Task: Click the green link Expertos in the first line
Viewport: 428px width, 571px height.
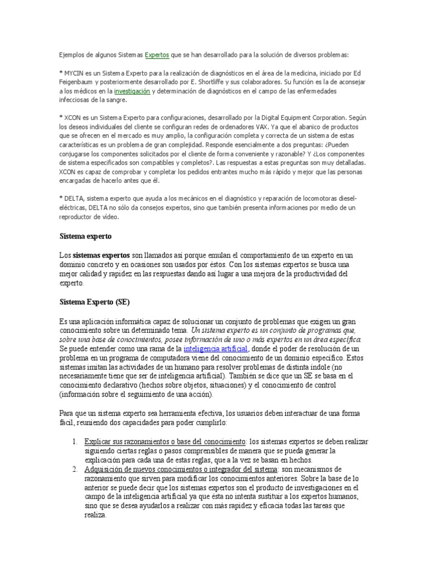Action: click(157, 55)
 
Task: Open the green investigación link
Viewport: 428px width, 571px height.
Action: click(132, 91)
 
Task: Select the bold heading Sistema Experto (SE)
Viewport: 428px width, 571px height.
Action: click(94, 302)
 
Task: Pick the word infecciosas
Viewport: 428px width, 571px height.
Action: click(77, 100)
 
